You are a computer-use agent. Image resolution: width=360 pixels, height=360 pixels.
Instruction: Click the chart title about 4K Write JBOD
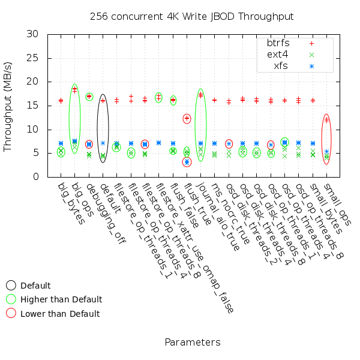(x=192, y=16)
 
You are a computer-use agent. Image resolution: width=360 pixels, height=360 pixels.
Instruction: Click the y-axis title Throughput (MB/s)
(x=8, y=105)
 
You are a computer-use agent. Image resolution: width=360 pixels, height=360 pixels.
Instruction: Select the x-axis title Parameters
(x=192, y=343)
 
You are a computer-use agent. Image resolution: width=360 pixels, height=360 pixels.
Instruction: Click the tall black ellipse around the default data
(x=103, y=128)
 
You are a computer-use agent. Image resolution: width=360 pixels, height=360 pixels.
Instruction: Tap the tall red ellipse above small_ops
(x=326, y=139)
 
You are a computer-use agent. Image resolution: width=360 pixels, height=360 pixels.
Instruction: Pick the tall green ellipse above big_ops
(x=74, y=119)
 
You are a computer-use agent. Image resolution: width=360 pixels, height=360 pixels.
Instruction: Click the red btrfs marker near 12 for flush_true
(x=187, y=119)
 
